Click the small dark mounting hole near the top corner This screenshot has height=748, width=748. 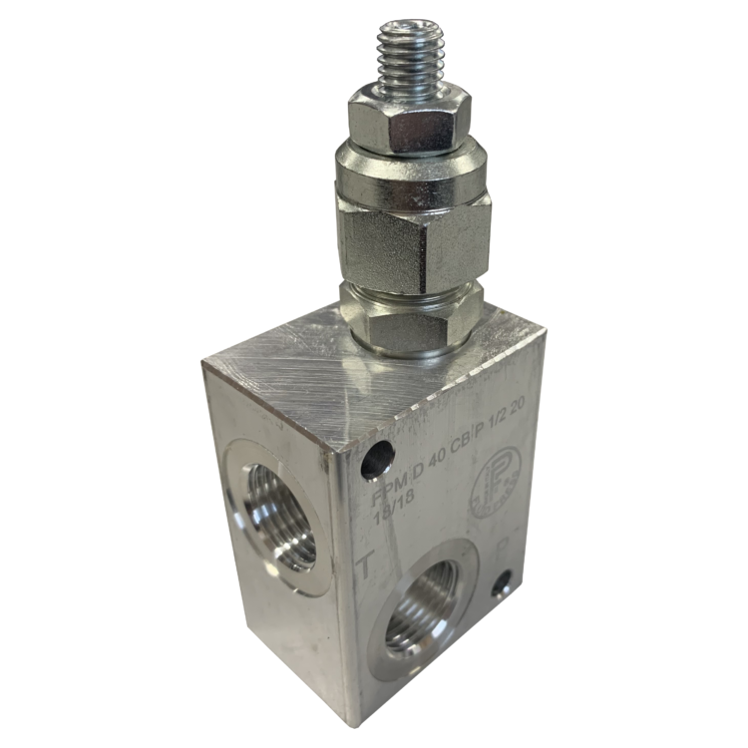tap(375, 458)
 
